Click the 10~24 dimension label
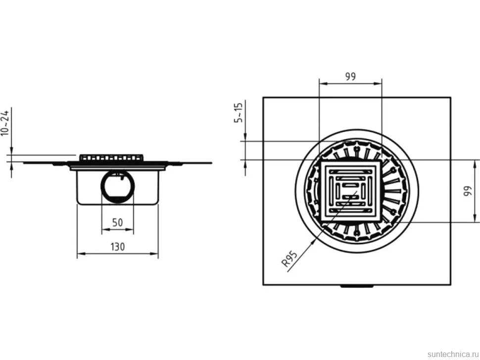point(5,123)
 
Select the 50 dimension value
point(118,223)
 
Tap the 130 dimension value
point(118,247)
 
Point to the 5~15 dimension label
point(238,113)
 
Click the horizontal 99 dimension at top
point(350,76)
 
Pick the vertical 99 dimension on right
point(468,191)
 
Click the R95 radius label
point(289,259)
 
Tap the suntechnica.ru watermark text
point(453,354)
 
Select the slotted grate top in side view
point(111,158)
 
